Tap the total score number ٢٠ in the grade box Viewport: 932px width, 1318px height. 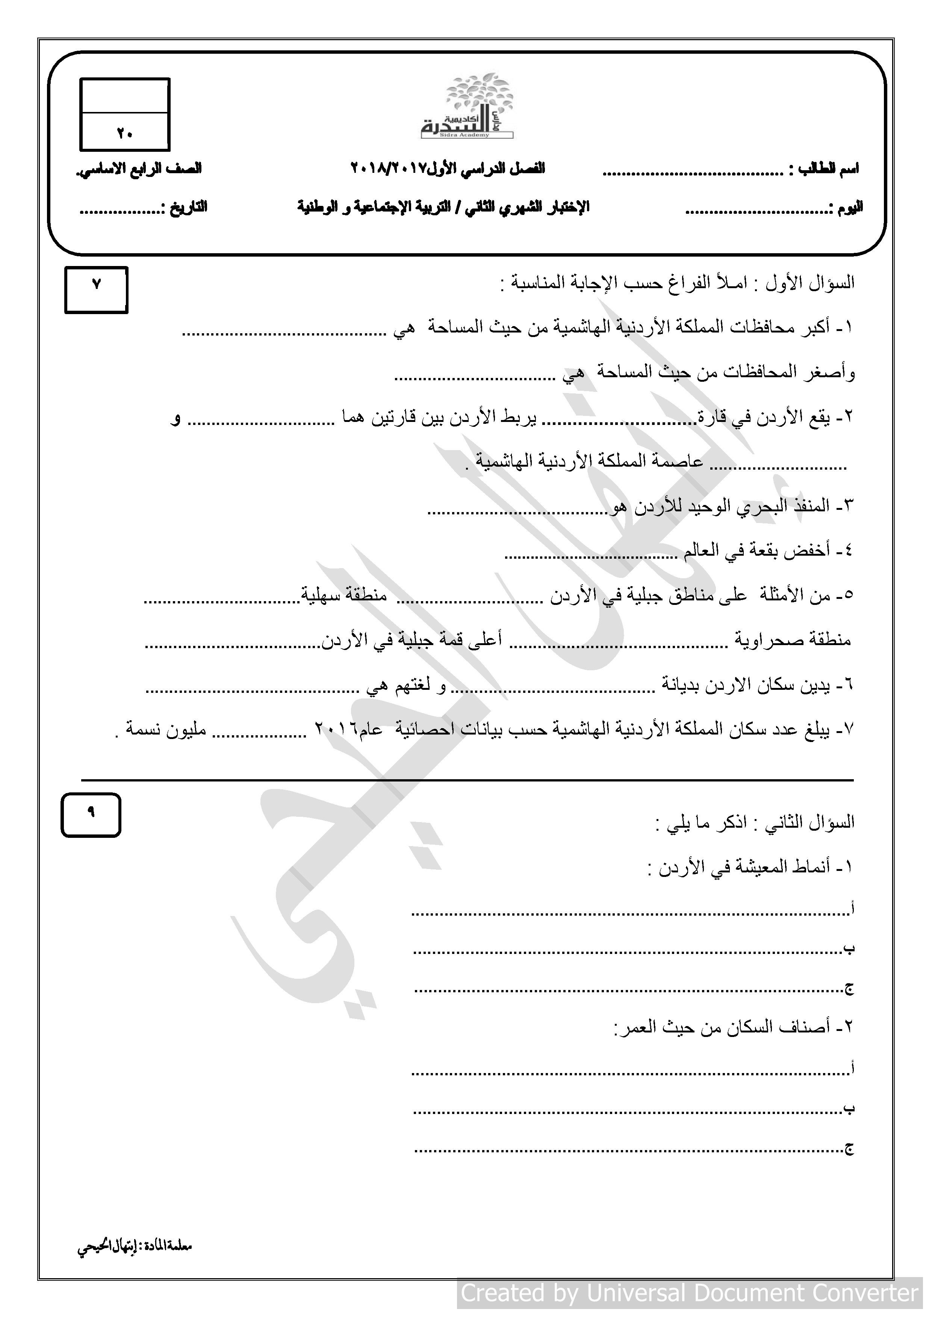pyautogui.click(x=125, y=133)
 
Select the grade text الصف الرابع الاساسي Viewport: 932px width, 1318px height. pyautogui.click(x=139, y=169)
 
